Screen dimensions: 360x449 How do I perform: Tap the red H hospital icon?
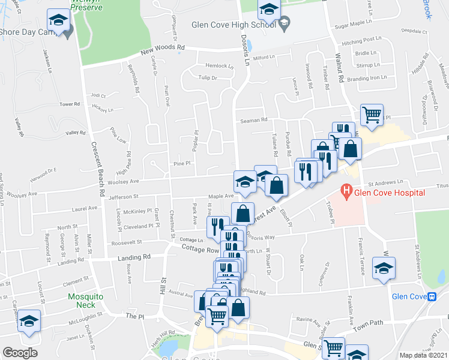tap(346, 192)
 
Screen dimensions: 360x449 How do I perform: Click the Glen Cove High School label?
tap(233, 25)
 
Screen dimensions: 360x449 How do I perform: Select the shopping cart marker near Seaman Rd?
tap(372, 115)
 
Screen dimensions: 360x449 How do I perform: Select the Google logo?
tap(20, 353)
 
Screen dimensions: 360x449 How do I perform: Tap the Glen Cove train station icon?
tap(430, 296)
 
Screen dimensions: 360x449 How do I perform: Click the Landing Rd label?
tap(139, 257)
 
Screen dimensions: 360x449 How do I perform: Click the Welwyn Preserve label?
tap(86, 5)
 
